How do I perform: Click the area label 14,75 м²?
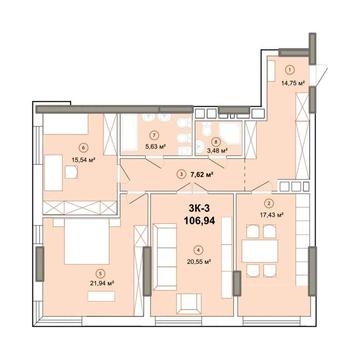[x=291, y=85]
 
